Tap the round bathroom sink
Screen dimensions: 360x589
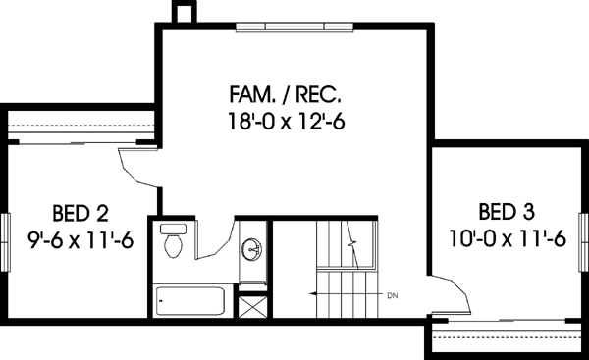[253, 249]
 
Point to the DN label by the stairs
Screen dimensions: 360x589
[392, 293]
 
